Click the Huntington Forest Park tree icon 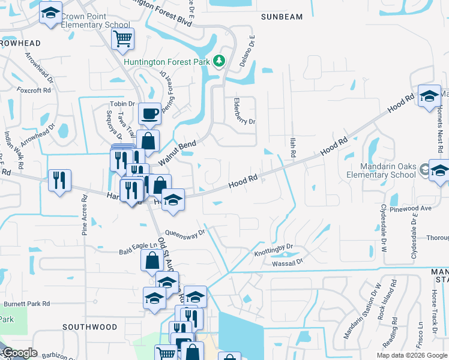point(220,61)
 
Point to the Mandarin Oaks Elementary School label point(389,170)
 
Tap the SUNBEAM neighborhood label point(282,17)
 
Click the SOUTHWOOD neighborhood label point(89,327)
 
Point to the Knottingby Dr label point(273,246)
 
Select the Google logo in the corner point(19,353)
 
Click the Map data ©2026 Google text point(411,355)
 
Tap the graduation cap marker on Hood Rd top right point(429,96)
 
